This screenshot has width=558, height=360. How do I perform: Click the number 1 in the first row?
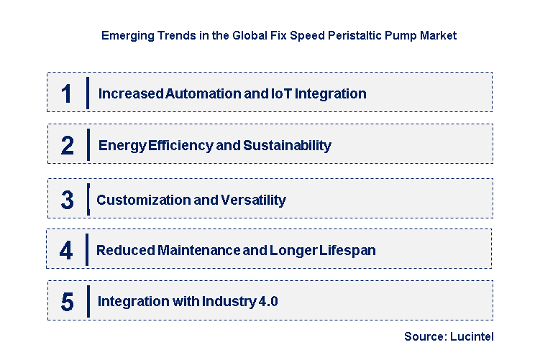tap(66, 93)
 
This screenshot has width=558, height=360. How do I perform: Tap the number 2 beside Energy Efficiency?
tap(67, 146)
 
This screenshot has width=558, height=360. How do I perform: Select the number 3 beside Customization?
tap(67, 200)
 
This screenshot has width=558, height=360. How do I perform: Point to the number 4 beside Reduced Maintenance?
tap(66, 251)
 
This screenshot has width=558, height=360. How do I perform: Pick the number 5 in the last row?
tap(67, 302)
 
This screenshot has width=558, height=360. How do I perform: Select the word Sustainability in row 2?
tap(287, 146)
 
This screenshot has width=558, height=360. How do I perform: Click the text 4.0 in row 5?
tap(267, 302)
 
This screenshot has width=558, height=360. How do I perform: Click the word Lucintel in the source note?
tap(472, 336)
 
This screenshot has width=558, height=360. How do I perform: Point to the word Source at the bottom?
tap(424, 336)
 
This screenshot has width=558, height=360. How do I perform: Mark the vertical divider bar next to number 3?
tap(88, 200)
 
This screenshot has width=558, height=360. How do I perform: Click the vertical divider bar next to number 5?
tap(88, 301)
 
